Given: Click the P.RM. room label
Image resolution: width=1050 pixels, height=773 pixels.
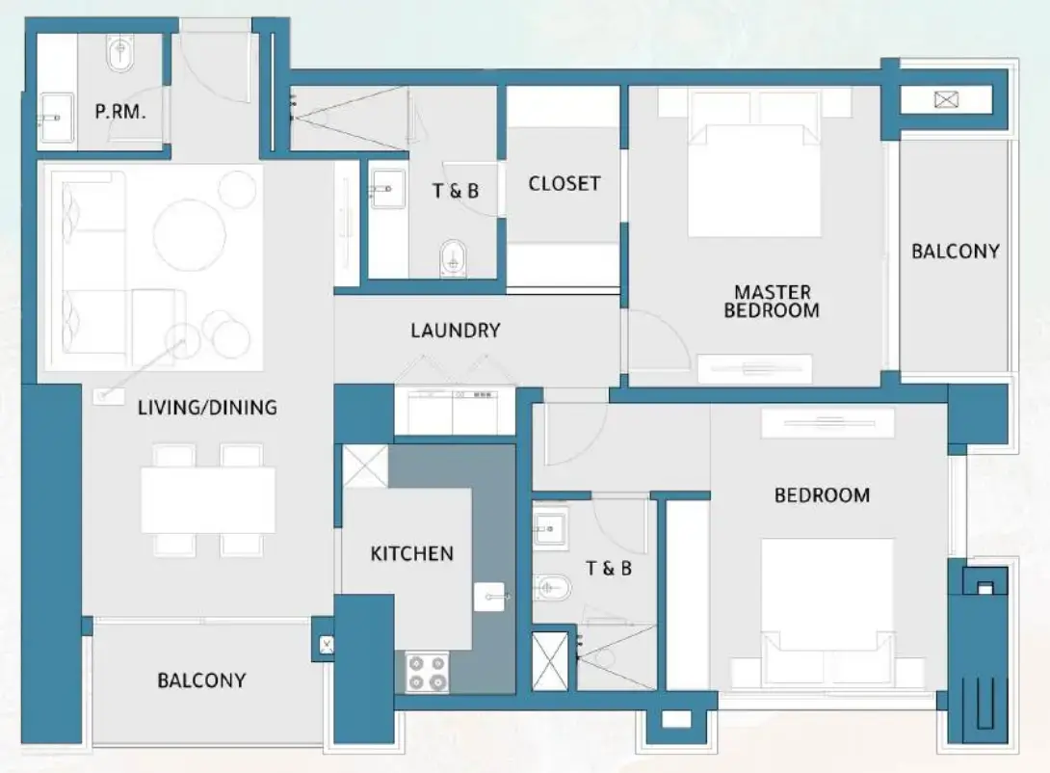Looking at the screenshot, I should tap(119, 111).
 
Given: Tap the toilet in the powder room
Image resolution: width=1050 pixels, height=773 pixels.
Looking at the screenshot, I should tap(120, 55).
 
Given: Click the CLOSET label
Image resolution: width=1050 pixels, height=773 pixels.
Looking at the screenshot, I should tap(564, 183).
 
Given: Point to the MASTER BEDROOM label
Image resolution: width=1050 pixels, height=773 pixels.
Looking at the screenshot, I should tap(772, 301).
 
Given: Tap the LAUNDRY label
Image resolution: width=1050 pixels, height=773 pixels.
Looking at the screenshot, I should tap(455, 331).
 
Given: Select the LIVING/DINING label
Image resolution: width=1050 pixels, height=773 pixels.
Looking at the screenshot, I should tap(207, 408).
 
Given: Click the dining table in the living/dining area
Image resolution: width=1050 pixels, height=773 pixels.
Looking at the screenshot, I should tap(208, 499).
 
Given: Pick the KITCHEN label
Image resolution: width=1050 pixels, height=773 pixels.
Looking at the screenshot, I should tap(411, 553).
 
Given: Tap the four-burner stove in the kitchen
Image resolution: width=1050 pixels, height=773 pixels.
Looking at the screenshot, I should tap(426, 671).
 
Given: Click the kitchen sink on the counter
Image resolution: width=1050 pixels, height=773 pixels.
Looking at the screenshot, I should tap(489, 597).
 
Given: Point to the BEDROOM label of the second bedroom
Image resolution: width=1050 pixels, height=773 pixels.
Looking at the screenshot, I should tap(822, 495).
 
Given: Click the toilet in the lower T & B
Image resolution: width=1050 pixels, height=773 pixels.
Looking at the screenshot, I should tap(552, 585).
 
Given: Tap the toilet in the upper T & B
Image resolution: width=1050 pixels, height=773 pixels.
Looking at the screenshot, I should tap(451, 257).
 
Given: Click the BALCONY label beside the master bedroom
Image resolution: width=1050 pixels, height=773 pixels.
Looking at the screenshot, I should tap(955, 252).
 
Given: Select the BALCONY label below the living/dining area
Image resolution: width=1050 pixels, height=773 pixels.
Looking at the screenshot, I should tap(201, 680).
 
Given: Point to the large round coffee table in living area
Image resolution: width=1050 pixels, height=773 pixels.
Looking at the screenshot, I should tap(190, 234).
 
